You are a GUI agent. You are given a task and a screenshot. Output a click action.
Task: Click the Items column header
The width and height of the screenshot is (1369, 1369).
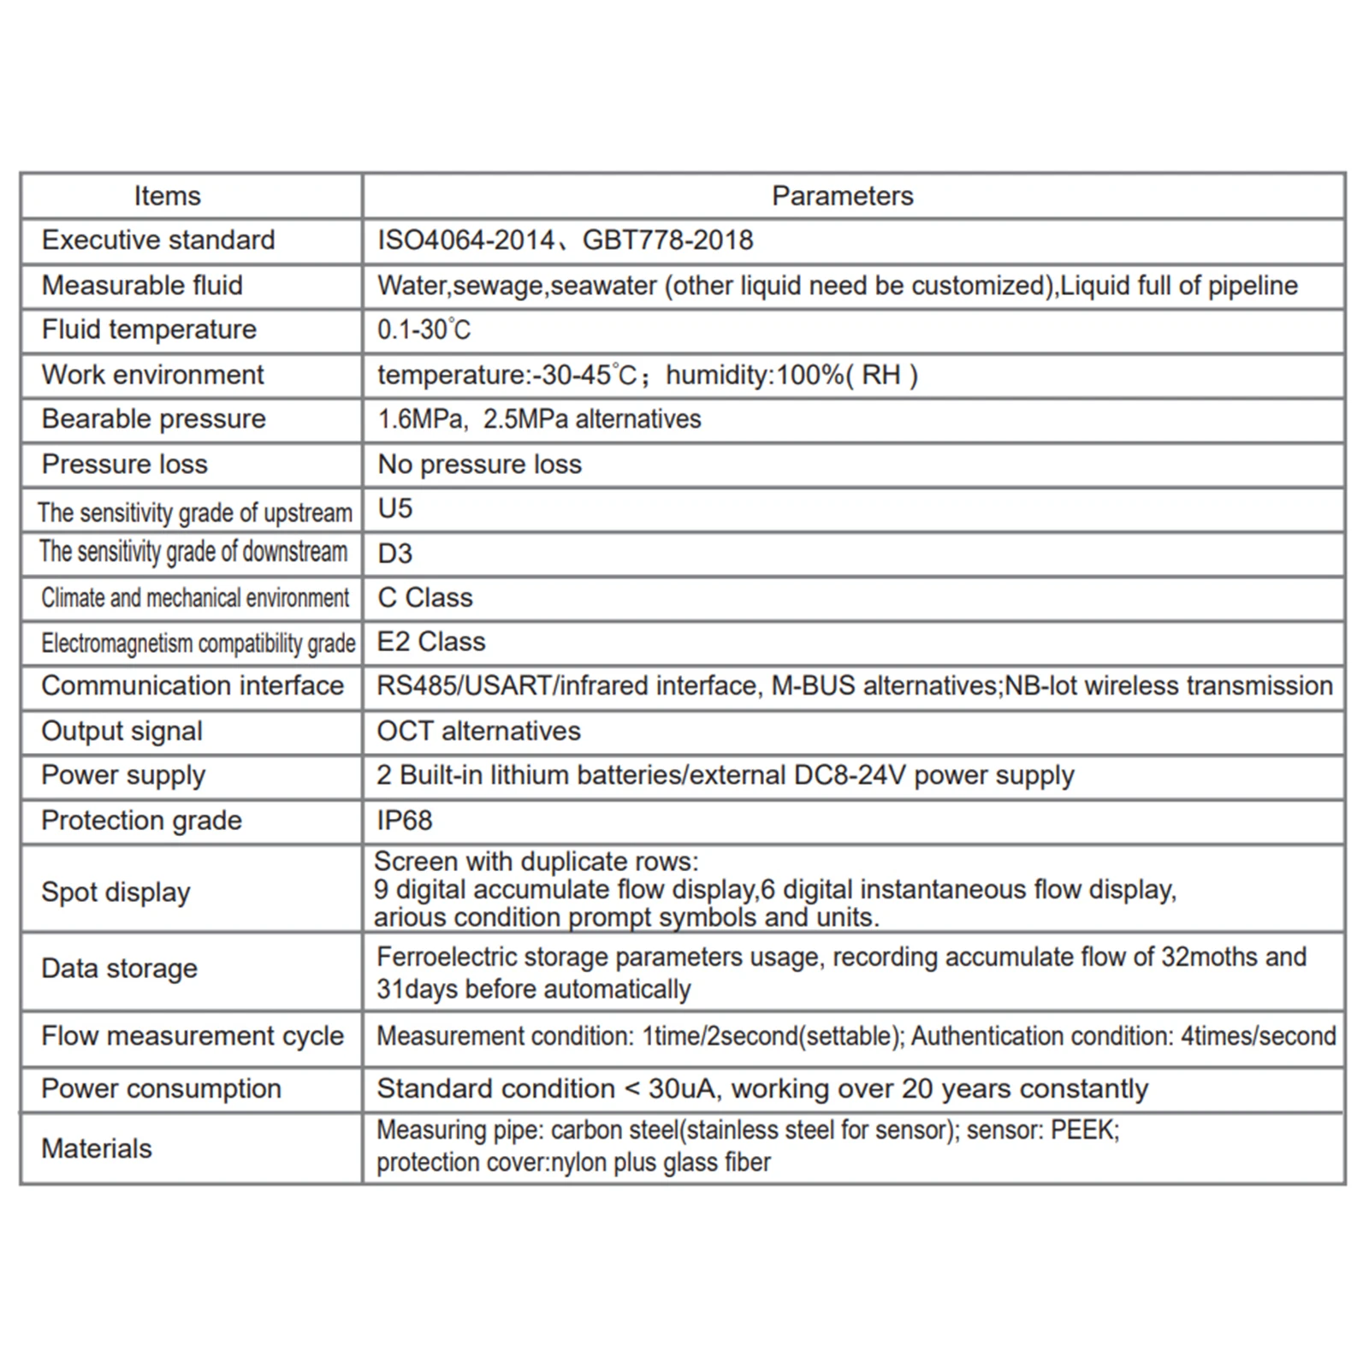tap(167, 196)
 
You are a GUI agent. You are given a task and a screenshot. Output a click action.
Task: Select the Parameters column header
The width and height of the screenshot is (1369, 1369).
tap(842, 196)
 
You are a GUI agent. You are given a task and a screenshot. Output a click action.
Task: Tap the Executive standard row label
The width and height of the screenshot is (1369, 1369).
tap(158, 240)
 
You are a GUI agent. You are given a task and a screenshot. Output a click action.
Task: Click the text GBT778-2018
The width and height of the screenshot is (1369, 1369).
tap(667, 240)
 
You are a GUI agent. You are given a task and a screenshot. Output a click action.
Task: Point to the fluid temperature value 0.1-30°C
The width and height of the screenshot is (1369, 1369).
tap(424, 330)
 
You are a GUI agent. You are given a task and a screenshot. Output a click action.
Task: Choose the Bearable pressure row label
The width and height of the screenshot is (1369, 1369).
tap(154, 419)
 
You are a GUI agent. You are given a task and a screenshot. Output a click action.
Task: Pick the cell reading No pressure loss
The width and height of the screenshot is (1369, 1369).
tap(479, 465)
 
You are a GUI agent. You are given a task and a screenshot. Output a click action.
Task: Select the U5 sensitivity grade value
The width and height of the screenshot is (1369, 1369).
tap(394, 509)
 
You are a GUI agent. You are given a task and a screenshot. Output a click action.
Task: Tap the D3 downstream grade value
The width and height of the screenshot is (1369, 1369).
tap(394, 554)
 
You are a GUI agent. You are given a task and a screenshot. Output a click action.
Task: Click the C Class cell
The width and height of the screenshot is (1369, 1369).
tap(424, 598)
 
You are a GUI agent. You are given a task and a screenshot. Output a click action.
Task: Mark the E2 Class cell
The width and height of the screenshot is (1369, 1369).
tap(431, 642)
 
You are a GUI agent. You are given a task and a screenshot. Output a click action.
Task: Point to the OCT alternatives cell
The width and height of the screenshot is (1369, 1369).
tap(478, 732)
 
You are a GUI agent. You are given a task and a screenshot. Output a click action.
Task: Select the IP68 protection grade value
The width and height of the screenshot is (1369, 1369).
tap(405, 821)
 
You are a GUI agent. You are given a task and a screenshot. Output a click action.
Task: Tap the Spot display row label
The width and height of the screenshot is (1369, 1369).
tap(116, 892)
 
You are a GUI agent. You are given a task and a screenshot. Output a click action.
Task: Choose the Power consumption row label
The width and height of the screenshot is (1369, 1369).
tap(161, 1089)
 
